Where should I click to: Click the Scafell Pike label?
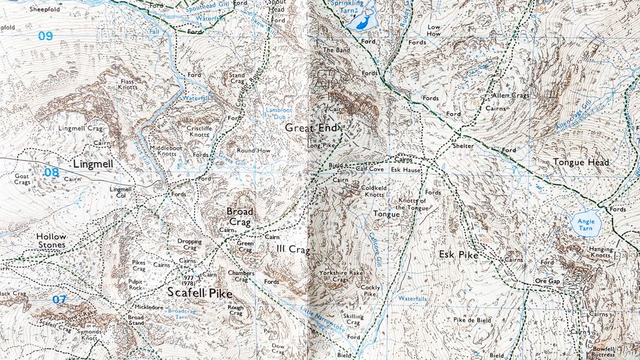(199, 293)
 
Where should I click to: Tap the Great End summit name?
(311, 127)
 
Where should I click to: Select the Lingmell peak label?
(92, 164)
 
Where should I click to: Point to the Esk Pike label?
(458, 255)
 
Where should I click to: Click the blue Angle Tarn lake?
(585, 224)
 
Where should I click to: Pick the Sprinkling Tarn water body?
(361, 22)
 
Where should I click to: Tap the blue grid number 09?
(45, 36)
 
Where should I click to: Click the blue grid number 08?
(51, 171)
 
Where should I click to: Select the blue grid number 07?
(59, 299)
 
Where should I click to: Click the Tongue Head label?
(581, 162)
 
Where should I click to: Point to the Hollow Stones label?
(51, 241)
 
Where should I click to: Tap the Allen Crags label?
(511, 96)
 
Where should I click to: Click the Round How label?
(253, 151)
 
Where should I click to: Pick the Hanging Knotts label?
(601, 252)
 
